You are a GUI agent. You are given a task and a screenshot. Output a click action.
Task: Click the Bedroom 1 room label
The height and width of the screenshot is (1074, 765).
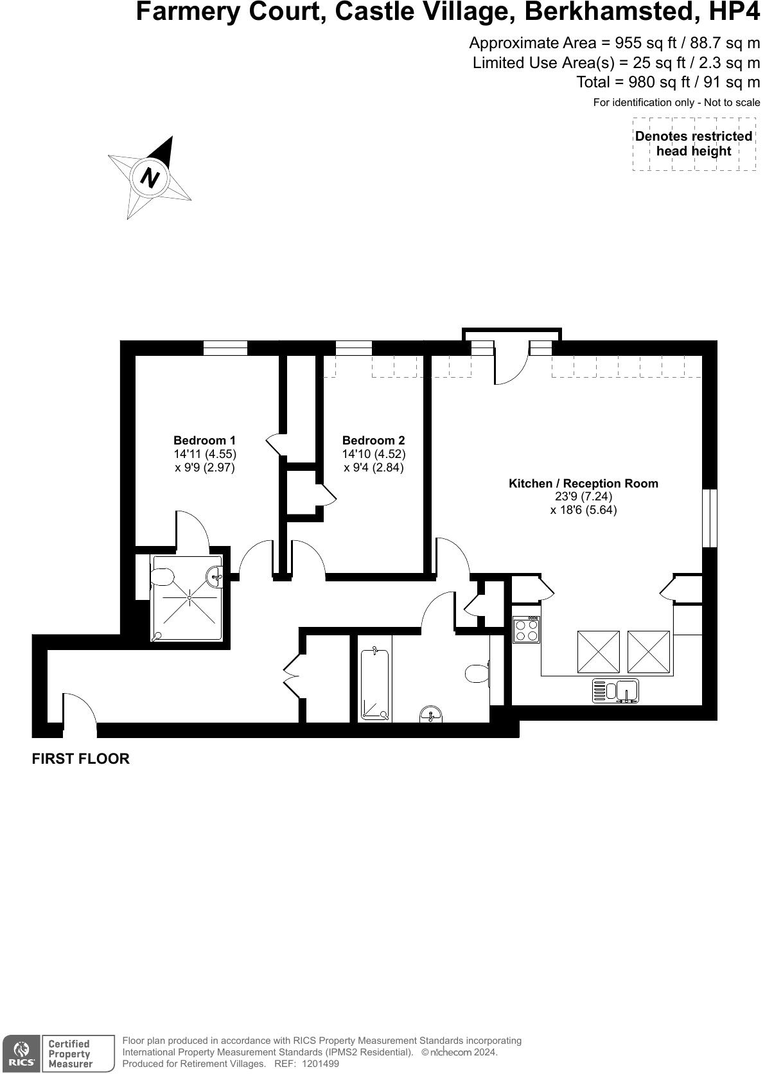click(204, 441)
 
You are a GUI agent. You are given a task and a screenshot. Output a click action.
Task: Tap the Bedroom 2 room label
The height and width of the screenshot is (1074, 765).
click(373, 441)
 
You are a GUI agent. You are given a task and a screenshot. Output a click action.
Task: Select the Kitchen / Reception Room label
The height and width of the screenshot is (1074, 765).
click(583, 484)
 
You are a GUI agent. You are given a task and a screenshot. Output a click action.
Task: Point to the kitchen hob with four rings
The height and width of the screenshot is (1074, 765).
click(526, 629)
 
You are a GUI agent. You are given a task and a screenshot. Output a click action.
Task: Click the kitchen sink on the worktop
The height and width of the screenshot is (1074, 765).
click(615, 691)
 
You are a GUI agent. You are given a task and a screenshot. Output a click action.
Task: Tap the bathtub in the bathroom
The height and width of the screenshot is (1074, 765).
click(375, 685)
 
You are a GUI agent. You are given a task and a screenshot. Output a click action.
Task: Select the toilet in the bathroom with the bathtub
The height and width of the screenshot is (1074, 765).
click(477, 673)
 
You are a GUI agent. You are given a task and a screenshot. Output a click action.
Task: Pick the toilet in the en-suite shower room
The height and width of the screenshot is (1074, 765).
click(162, 577)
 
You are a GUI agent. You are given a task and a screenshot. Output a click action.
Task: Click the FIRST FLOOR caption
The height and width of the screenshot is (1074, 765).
click(81, 759)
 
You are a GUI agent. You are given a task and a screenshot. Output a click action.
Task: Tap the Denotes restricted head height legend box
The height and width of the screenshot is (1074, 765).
click(694, 144)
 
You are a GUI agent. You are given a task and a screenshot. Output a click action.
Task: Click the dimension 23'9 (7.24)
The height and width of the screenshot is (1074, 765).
click(583, 497)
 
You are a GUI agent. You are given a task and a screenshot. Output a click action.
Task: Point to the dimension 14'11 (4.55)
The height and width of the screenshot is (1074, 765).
click(204, 454)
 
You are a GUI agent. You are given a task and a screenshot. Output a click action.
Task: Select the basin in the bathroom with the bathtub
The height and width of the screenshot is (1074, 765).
click(431, 714)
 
